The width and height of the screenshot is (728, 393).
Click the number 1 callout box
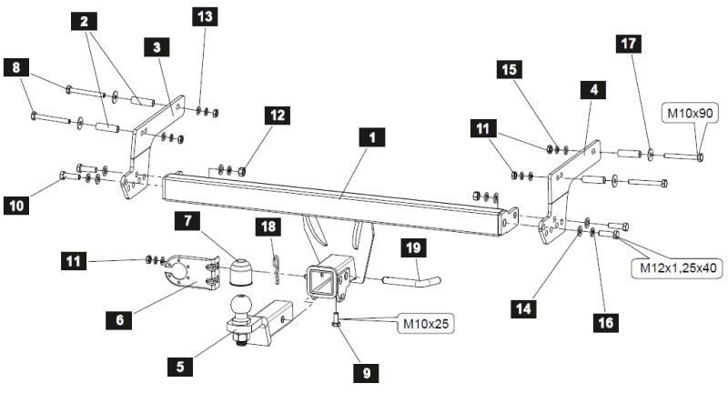tap(372, 137)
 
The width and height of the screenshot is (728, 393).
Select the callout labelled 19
tap(413, 247)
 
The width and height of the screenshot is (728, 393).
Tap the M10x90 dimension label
tap(690, 113)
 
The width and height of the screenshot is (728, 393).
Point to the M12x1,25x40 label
tap(678, 267)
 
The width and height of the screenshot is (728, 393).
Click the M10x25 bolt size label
tap(426, 323)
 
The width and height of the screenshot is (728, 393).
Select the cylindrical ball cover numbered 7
tap(241, 272)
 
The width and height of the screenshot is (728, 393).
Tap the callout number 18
tap(268, 227)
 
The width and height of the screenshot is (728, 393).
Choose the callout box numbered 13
tap(205, 16)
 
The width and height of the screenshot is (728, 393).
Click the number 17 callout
tap(628, 43)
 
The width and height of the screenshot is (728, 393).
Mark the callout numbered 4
tap(593, 89)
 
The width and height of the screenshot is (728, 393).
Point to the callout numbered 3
tap(157, 47)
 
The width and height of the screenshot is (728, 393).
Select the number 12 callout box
tap(278, 116)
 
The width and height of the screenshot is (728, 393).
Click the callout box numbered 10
tap(16, 205)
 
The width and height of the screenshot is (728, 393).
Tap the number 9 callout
tap(367, 373)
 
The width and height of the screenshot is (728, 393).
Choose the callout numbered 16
tap(606, 322)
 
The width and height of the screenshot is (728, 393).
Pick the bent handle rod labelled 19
tap(411, 281)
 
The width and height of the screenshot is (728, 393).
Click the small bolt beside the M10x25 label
tap(336, 319)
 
